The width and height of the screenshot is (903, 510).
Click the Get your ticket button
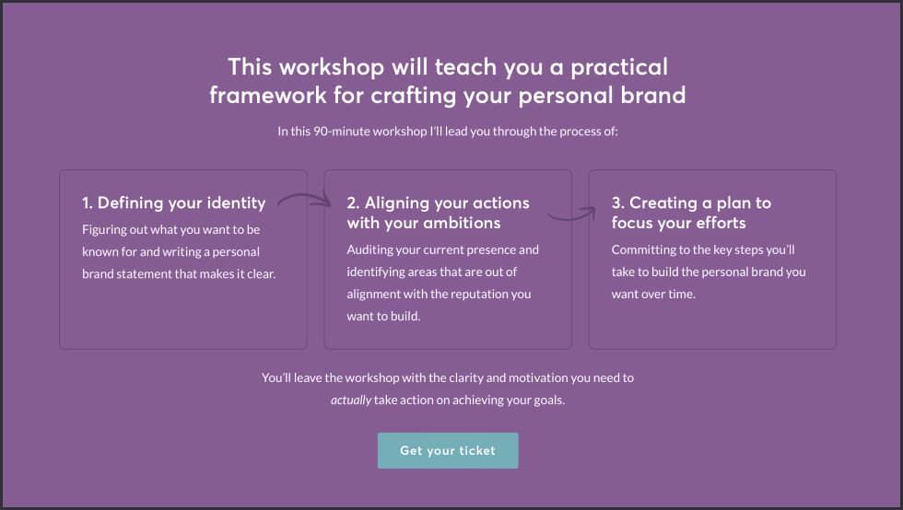[448, 450]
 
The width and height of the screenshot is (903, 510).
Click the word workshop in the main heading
[332, 67]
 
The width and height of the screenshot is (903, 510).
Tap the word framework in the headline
[268, 95]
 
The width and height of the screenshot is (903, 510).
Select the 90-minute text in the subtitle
[342, 132]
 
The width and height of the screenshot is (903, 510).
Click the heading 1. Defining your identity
[174, 203]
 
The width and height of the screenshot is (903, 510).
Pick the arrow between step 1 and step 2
[304, 199]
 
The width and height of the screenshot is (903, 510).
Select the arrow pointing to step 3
[572, 214]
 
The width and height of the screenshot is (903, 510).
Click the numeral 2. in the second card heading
[353, 203]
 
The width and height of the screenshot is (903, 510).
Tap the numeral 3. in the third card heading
[618, 203]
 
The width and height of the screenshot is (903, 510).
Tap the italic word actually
[351, 400]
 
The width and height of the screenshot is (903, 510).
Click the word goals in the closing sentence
[549, 400]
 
